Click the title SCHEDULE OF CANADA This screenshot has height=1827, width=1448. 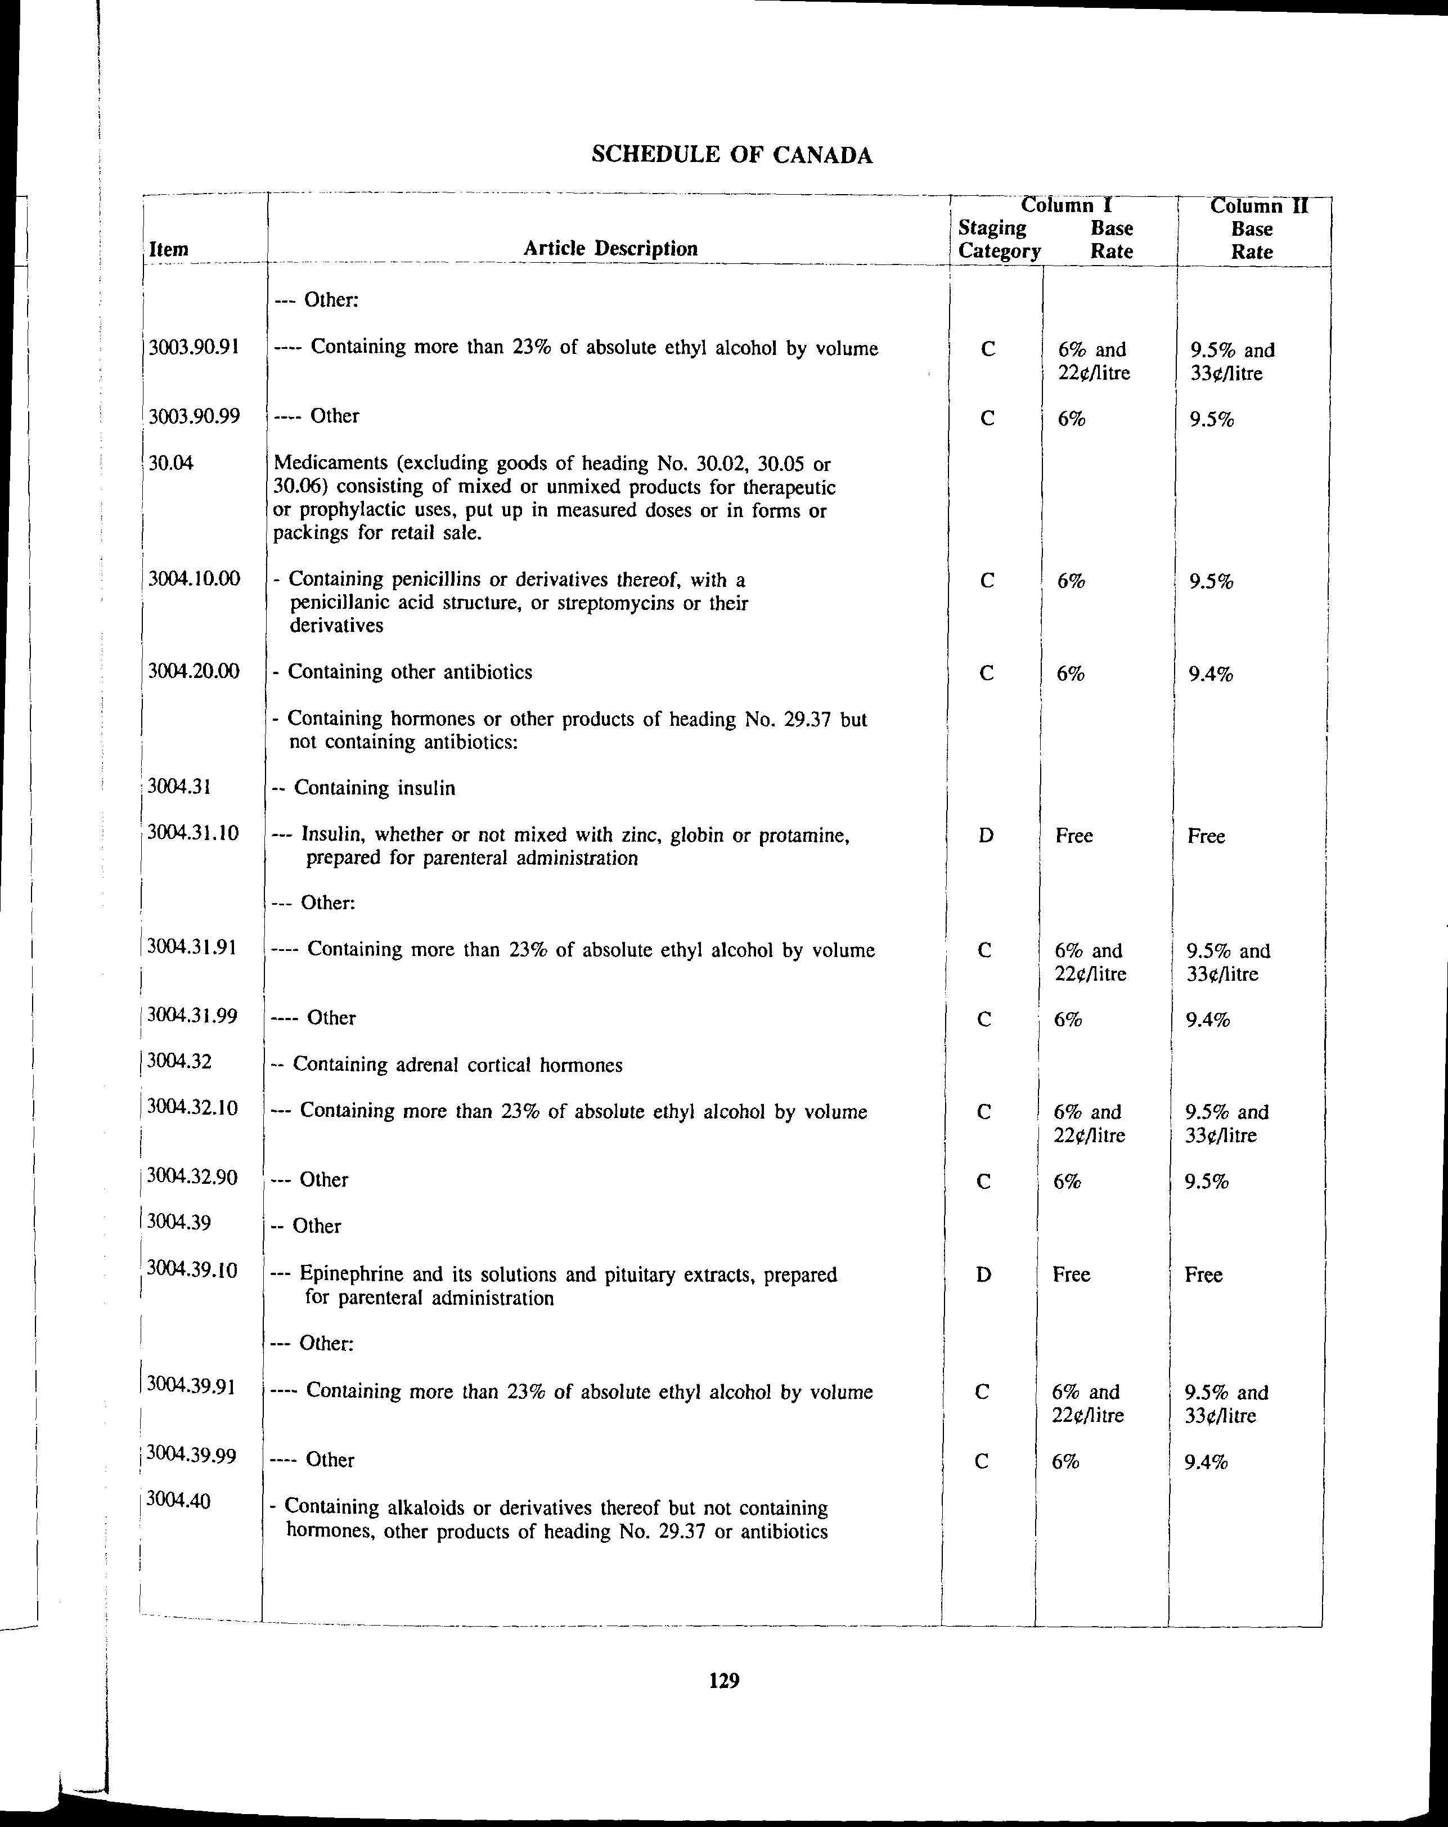pos(731,155)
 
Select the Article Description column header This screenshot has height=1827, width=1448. pos(610,248)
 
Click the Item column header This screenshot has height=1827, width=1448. pos(169,249)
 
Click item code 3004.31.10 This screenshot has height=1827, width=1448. pos(193,832)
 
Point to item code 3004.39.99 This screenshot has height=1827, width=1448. pos(191,1455)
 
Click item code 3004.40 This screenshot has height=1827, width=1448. pos(177,1500)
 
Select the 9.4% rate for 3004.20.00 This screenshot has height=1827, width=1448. pos(1210,675)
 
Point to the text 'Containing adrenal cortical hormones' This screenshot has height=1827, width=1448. pos(457,1065)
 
